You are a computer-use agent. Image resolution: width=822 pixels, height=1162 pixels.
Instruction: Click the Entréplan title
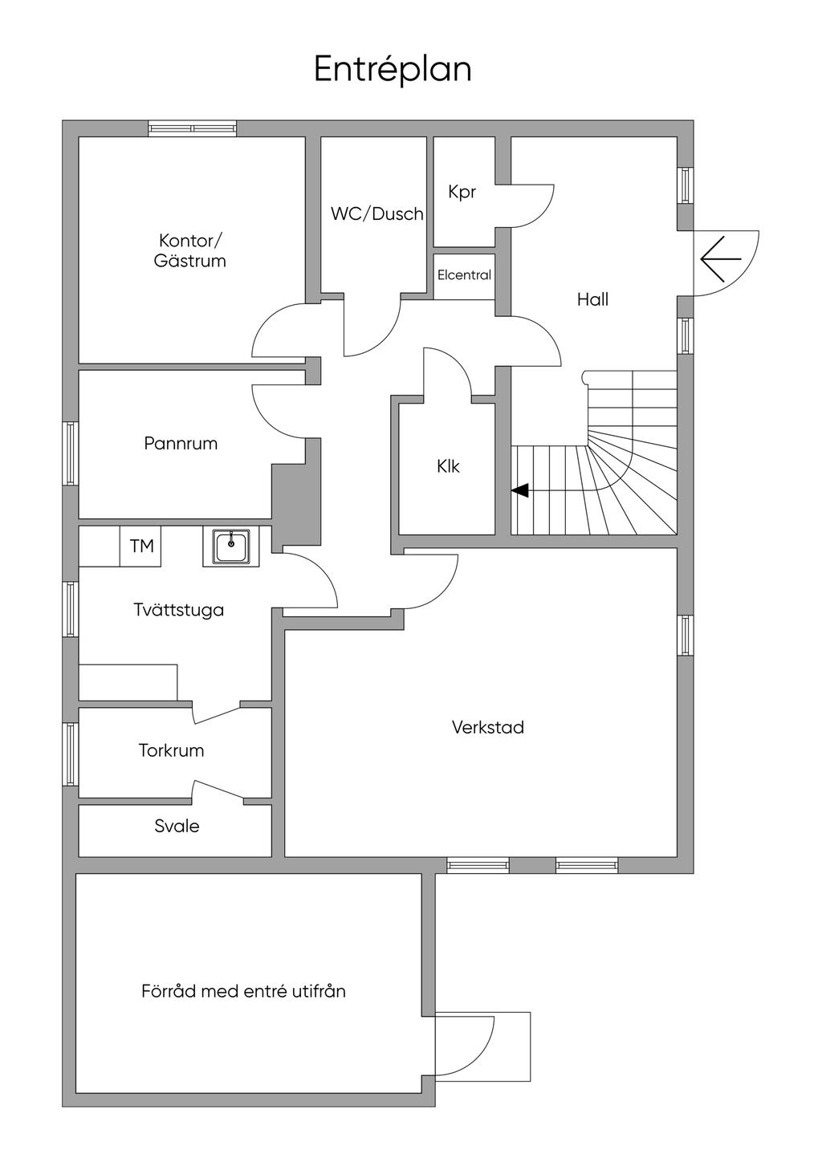click(x=393, y=70)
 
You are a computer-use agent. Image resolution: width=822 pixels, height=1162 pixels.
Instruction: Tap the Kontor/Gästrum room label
click(x=190, y=250)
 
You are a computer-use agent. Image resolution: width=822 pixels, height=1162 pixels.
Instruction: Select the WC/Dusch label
click(x=376, y=213)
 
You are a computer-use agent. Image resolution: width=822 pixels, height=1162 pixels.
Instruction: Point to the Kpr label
click(x=462, y=192)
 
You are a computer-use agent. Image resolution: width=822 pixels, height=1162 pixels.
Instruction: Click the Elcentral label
click(x=464, y=275)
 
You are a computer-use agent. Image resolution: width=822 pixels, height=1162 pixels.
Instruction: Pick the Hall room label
click(x=592, y=299)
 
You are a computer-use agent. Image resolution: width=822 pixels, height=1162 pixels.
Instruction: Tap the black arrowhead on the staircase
click(x=520, y=490)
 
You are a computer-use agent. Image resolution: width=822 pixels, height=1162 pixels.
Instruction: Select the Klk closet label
click(x=448, y=466)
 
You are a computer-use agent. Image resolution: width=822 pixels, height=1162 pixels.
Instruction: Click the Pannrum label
click(x=181, y=443)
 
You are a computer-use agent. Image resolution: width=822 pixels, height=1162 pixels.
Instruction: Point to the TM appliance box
click(x=141, y=546)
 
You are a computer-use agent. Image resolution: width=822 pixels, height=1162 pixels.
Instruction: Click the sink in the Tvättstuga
click(x=231, y=546)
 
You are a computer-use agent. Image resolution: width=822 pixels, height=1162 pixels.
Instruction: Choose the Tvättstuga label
click(x=179, y=610)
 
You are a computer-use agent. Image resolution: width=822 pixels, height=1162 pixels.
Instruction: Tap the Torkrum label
click(x=171, y=750)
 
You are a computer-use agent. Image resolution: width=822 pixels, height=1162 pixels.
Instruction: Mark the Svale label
click(x=177, y=826)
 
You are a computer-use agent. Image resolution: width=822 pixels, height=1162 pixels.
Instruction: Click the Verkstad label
click(x=487, y=728)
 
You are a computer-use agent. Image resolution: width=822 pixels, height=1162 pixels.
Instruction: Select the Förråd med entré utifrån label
click(x=243, y=991)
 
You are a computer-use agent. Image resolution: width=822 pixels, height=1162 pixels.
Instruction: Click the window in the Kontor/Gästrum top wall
click(x=193, y=128)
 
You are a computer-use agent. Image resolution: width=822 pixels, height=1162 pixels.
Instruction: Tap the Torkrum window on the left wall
click(x=71, y=754)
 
